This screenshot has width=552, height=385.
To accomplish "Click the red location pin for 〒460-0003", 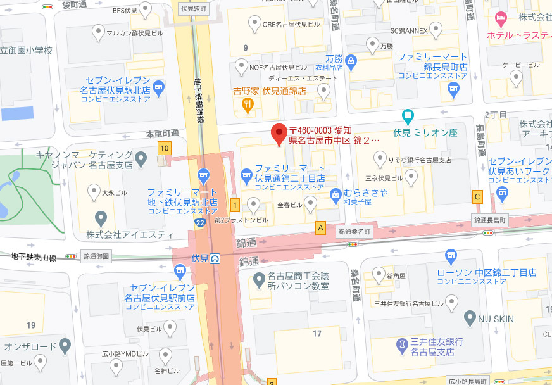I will [278, 134].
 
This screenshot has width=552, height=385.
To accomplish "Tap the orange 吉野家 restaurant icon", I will [248, 106].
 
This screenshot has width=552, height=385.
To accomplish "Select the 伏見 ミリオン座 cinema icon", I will [408, 117].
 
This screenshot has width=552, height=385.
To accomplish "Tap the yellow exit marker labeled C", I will [477, 197].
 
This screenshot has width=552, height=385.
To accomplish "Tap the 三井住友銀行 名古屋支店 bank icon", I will [401, 346].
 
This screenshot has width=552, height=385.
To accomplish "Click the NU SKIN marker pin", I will [470, 317].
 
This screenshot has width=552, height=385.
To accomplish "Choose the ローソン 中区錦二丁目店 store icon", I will [451, 257].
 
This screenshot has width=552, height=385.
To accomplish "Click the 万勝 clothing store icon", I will [351, 61].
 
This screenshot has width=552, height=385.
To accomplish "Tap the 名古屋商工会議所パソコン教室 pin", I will [259, 279].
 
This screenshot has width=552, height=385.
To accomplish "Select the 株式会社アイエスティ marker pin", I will [101, 219].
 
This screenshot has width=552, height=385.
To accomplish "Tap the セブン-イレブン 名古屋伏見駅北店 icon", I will [158, 89].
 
